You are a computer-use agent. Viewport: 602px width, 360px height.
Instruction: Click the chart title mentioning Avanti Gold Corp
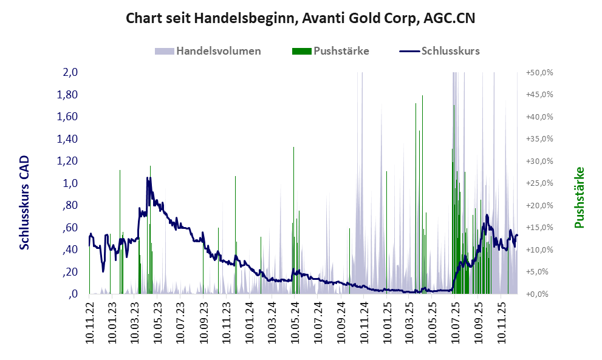tap(300, 18)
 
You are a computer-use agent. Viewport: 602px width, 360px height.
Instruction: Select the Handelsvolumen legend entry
tap(218, 51)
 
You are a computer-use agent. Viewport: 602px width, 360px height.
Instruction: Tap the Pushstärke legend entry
tap(341, 51)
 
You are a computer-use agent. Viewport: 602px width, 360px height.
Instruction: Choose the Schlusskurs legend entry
tap(450, 51)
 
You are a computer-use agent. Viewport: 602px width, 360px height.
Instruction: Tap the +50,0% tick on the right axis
tap(539, 72)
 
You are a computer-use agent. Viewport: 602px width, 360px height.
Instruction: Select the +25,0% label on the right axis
tap(539, 183)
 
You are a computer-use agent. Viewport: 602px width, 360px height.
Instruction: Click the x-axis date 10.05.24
tap(296, 323)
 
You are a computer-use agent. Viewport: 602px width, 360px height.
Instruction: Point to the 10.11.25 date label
tap(502, 323)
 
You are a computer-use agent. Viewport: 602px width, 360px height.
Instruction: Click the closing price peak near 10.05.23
tap(148, 178)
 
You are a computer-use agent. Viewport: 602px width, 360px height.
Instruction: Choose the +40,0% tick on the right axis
tap(539, 117)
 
